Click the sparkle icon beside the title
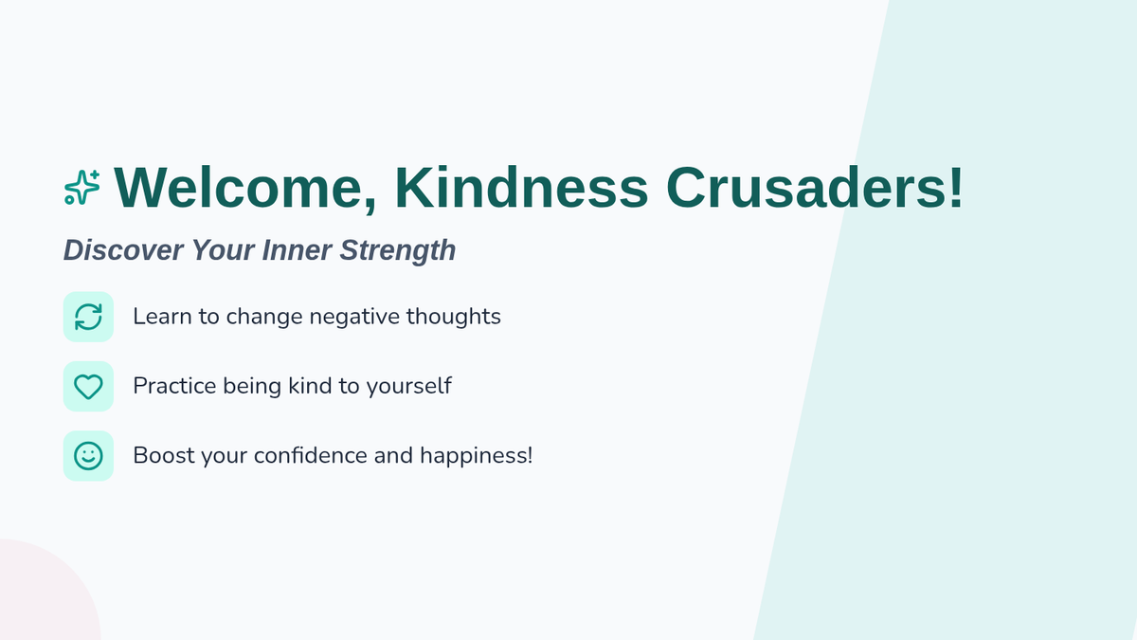(82, 188)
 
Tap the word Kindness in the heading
(521, 187)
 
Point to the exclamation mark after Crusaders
(955, 187)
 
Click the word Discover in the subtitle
(123, 250)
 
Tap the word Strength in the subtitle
(397, 251)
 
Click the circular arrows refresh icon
(88, 317)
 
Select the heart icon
(88, 387)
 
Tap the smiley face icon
(88, 456)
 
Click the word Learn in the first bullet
(162, 317)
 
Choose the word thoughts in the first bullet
(453, 318)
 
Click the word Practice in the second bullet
(174, 386)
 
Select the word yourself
(409, 387)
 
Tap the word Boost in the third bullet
(163, 455)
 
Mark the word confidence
(311, 455)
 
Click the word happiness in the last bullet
(473, 456)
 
